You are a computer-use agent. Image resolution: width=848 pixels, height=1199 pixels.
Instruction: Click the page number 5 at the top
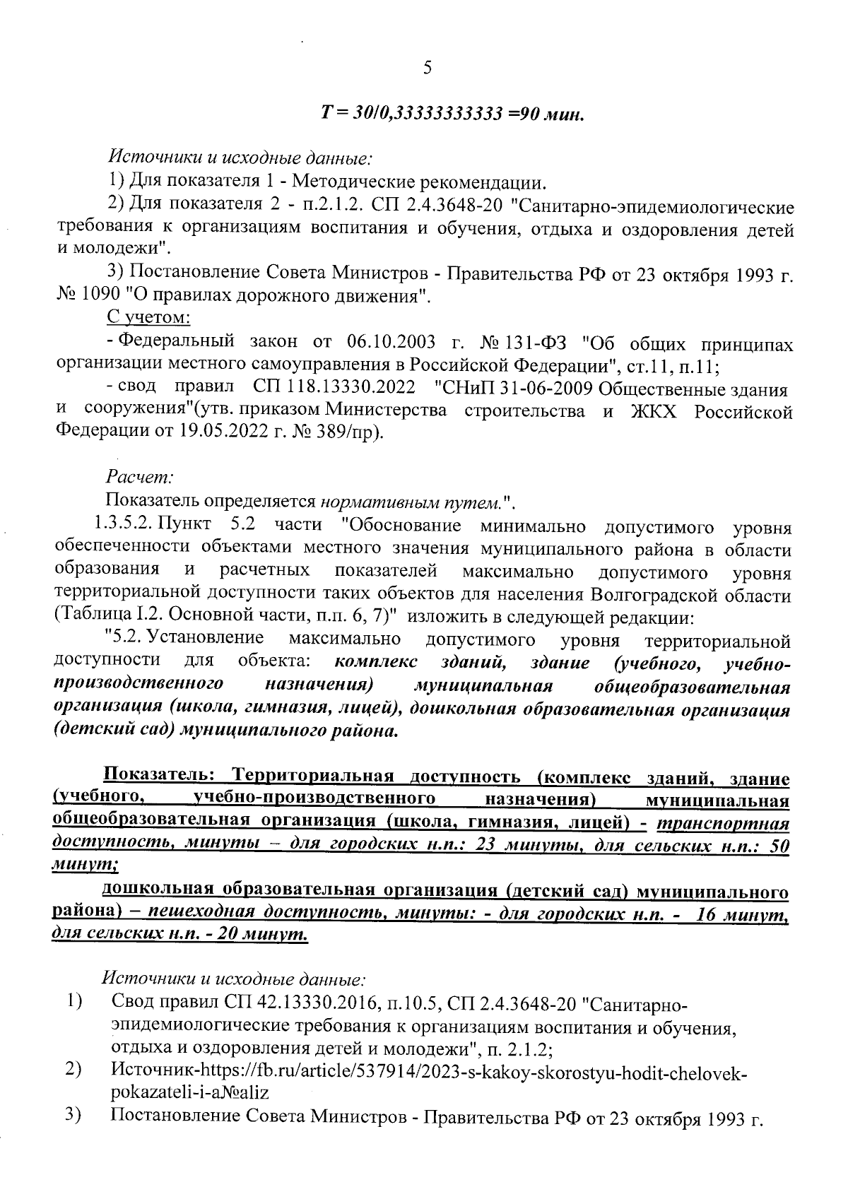click(427, 68)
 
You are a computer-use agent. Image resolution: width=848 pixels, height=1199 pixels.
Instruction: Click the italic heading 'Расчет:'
click(134, 478)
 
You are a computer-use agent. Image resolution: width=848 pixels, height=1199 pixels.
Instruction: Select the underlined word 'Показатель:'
click(158, 778)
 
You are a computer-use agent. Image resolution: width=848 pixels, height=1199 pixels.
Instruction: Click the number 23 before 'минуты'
click(488, 847)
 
